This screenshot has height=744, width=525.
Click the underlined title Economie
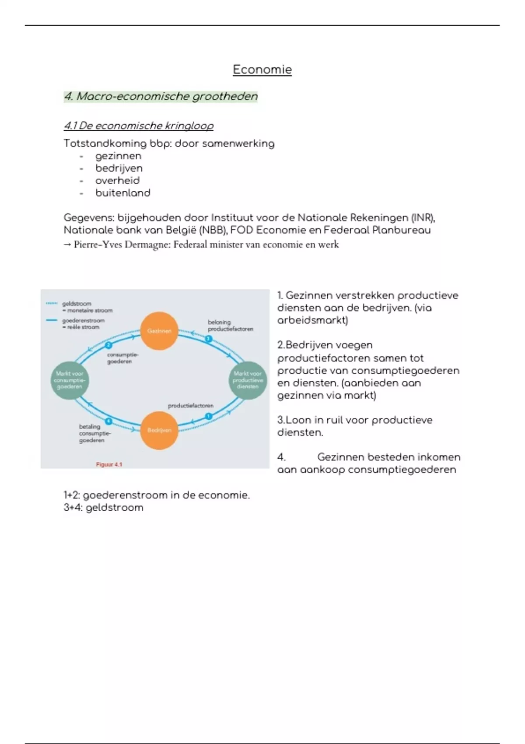262,70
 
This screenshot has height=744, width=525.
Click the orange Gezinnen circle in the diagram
159,331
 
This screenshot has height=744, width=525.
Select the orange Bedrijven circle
159,430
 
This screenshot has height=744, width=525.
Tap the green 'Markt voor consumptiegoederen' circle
70,380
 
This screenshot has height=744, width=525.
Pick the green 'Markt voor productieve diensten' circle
248,380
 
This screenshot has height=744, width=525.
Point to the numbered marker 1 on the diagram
209,416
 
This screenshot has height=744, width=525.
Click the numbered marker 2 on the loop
108,345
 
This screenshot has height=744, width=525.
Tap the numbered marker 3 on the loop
209,339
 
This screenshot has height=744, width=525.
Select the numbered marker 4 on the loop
108,421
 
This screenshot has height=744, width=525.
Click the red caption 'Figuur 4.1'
109,464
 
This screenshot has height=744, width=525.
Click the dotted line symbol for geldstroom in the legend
52,303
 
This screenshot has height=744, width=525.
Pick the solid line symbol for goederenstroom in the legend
52,320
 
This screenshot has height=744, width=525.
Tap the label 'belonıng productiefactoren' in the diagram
230,326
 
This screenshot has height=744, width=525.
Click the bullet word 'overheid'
117,180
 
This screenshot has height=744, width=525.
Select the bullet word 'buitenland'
122,193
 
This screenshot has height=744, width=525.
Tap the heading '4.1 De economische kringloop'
139,126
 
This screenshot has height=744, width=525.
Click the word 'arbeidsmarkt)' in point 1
312,320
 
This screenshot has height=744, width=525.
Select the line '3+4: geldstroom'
103,508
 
